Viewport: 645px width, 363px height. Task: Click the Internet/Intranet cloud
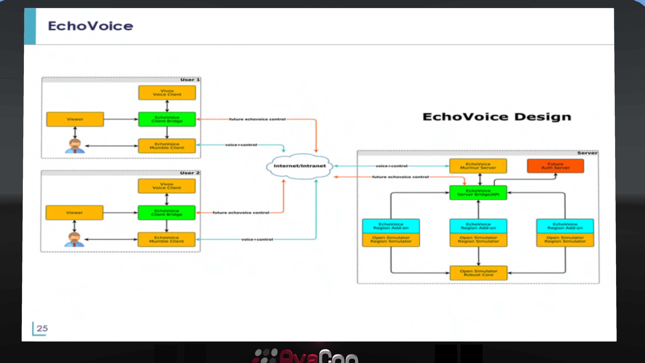[299, 166]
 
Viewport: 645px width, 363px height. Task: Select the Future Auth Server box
[555, 166]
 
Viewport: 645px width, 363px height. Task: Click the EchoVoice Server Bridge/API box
[478, 193]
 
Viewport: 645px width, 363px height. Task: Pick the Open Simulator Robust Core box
[478, 273]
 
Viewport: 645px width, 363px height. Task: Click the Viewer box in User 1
[75, 119]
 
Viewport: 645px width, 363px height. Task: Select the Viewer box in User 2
[74, 213]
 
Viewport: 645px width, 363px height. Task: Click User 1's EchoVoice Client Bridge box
[167, 119]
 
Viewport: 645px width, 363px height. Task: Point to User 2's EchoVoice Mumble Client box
[166, 239]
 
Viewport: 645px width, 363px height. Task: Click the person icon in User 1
[75, 146]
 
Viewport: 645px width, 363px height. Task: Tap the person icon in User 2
[74, 239]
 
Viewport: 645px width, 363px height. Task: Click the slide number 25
[42, 328]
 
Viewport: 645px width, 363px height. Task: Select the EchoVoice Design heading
[497, 117]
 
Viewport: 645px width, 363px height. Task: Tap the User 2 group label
[189, 173]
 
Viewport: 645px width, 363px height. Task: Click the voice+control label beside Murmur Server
[391, 166]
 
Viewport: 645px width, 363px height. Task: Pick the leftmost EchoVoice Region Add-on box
[391, 226]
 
